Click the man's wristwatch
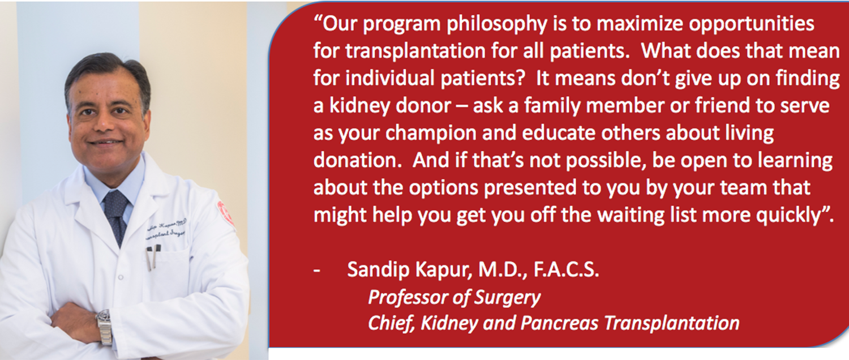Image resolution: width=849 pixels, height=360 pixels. (x=104, y=325)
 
